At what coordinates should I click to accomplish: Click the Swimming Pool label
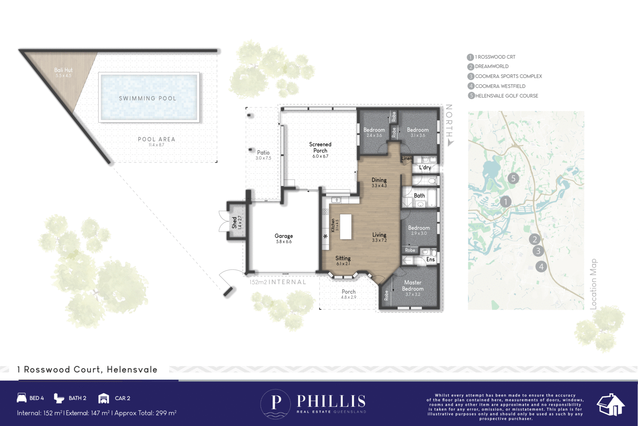coord(148,98)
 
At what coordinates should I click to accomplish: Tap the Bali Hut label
coord(63,70)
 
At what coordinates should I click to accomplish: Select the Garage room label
coord(284,236)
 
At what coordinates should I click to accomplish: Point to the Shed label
coord(234,222)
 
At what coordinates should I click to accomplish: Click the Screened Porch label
coord(320,147)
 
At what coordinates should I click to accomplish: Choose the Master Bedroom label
coord(413,285)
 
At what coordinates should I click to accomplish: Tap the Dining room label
coord(379,180)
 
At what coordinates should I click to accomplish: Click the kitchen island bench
coord(346,226)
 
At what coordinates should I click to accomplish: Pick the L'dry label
coord(425,167)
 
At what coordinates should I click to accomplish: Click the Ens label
coord(430,260)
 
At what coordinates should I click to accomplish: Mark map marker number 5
coord(513,178)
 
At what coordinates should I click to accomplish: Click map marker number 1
coord(506,202)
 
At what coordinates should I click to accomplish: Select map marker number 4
coord(541,266)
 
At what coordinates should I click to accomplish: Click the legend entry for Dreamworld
coord(492,67)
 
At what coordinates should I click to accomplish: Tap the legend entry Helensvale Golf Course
coord(506,96)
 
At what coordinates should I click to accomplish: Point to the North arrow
coord(450,142)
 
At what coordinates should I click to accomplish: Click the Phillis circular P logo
coord(276,404)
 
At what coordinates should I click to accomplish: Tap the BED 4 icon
coord(22,398)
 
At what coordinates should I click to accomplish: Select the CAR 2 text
coord(122,398)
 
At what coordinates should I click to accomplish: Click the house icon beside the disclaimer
coord(610,405)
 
